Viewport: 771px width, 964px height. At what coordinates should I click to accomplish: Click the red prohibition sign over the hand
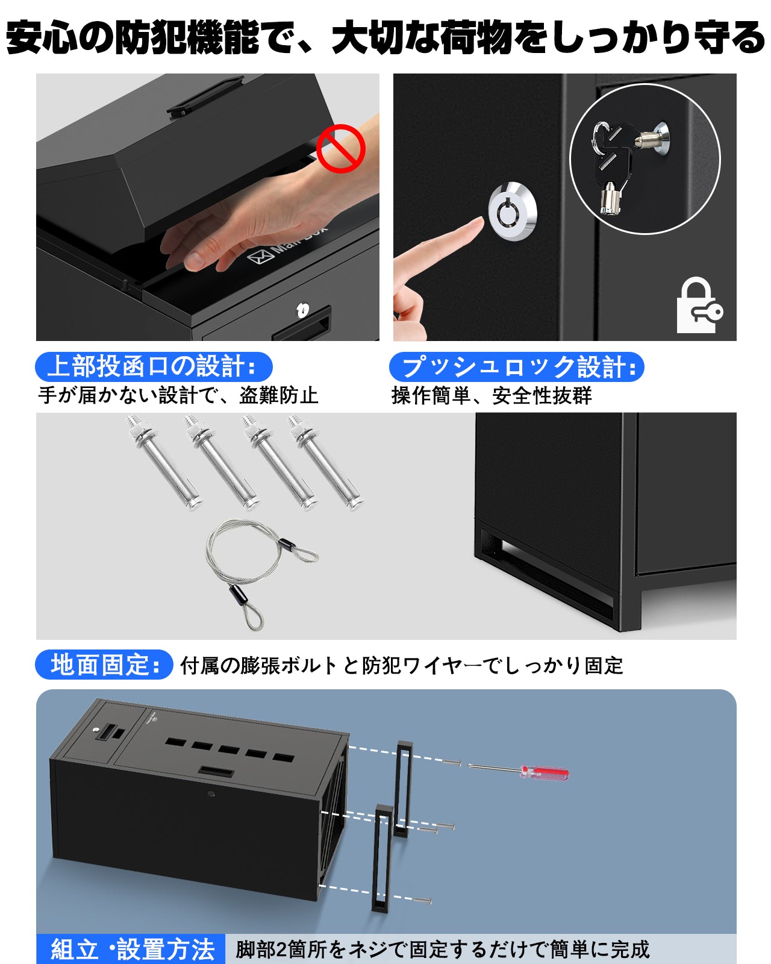[x=341, y=148]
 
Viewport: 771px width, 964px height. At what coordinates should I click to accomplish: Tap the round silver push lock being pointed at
[x=511, y=211]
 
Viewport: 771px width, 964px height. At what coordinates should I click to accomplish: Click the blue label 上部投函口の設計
[x=154, y=366]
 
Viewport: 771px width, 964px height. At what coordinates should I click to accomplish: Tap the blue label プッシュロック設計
[x=516, y=367]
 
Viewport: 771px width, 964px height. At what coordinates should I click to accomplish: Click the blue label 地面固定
[x=104, y=665]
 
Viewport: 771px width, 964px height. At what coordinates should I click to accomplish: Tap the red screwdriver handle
[x=545, y=772]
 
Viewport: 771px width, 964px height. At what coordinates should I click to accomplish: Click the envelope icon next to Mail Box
[x=260, y=255]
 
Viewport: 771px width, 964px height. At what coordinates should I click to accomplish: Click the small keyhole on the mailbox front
[x=302, y=310]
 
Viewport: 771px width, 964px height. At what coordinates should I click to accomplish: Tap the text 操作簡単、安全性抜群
[x=492, y=396]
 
